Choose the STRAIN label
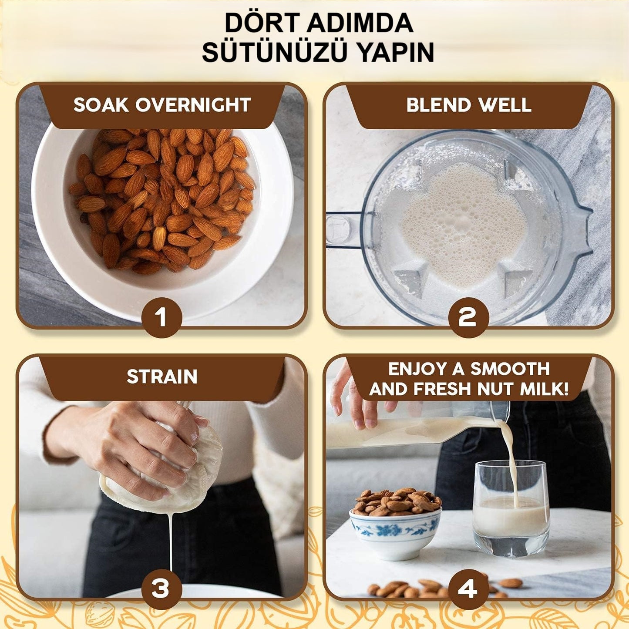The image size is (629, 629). point(162,377)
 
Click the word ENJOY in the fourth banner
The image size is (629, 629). point(416,369)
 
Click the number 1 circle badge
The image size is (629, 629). point(162,317)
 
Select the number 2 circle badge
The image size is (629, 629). point(468,317)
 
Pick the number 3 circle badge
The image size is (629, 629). point(161,589)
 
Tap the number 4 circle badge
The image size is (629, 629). point(468,589)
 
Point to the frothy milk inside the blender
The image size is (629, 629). point(464,222)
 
